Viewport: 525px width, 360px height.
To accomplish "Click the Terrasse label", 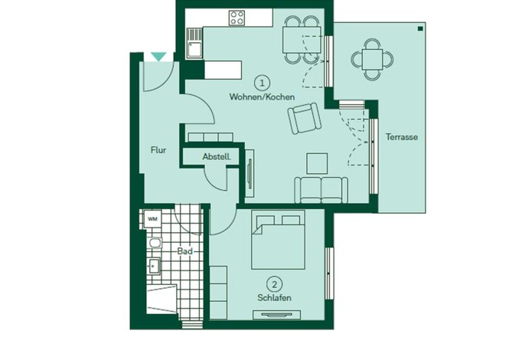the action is pos(402,137).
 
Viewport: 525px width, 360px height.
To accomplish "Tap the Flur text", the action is pos(158,150).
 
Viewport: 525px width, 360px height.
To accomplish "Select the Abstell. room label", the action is pos(217,156).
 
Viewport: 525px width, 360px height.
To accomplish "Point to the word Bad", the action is pos(185,251).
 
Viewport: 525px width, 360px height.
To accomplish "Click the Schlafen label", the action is pos(274,298).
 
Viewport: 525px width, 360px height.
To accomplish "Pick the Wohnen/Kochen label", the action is pos(262,97).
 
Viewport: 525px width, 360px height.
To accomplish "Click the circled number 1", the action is pos(262,83).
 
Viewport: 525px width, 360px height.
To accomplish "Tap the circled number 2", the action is pos(275,285).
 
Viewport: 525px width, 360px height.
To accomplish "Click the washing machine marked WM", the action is pos(153,219).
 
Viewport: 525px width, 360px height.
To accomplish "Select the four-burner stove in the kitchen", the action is pos(236,18).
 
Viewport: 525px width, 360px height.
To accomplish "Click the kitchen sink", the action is pos(194,43).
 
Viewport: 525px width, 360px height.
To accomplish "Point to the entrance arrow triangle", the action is pos(158,57).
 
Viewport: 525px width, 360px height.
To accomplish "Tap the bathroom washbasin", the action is pos(154,266).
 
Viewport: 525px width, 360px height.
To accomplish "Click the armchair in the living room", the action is pos(305,118).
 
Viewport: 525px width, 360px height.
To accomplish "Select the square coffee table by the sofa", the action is pos(317,163).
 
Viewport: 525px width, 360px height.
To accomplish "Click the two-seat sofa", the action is pos(321,190).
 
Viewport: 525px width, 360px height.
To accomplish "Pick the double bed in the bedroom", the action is pos(279,240).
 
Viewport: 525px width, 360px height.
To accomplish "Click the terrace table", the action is pos(372,60).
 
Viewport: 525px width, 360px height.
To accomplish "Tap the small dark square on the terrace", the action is pos(420,29).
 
